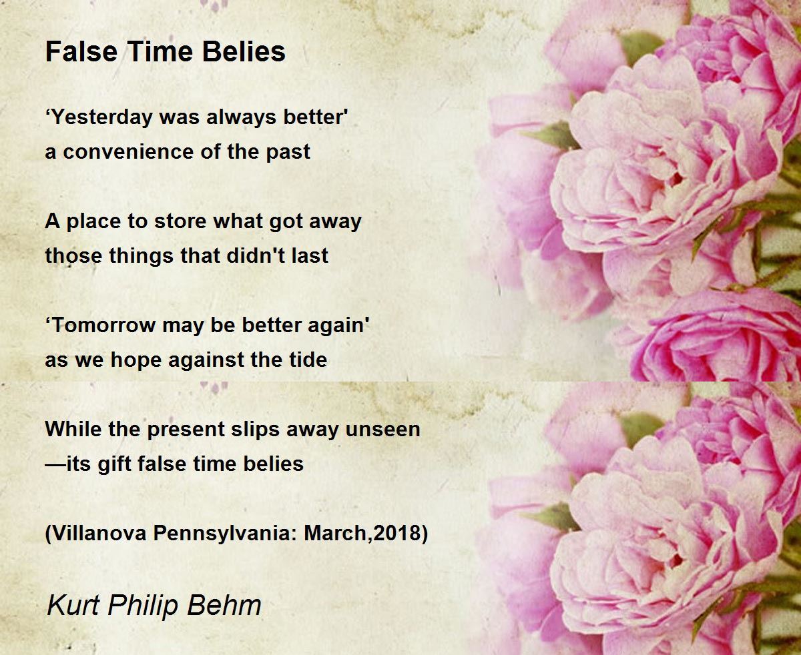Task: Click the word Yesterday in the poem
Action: [x=102, y=117]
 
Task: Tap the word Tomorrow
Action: [x=103, y=325]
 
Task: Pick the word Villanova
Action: [x=99, y=533]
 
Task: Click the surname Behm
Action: [x=224, y=605]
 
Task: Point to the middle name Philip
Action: [x=144, y=606]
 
